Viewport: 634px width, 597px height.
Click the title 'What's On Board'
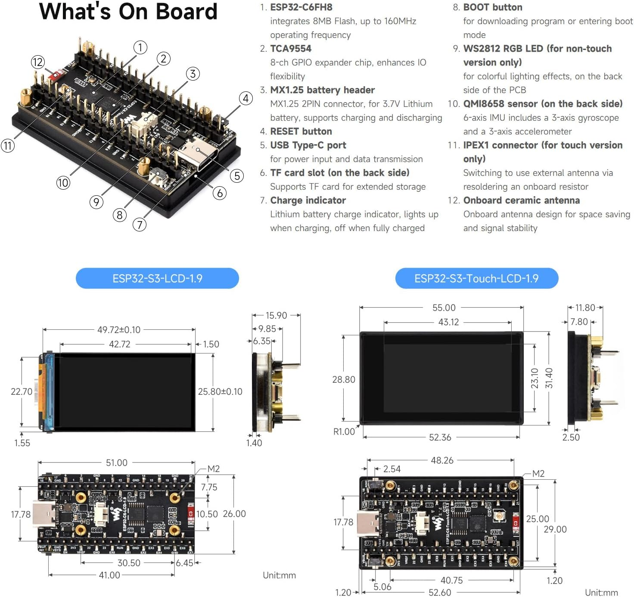(x=128, y=12)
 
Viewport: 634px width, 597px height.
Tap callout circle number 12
(x=38, y=62)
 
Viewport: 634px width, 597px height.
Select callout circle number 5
(x=237, y=176)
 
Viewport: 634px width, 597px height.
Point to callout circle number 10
(x=63, y=183)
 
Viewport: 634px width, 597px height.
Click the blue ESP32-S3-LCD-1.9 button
(x=157, y=278)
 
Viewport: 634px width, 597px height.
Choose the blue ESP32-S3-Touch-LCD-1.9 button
(x=476, y=278)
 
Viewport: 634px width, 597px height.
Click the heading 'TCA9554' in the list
(x=290, y=49)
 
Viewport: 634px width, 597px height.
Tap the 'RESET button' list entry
(x=301, y=131)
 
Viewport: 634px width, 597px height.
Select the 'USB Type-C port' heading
(x=308, y=145)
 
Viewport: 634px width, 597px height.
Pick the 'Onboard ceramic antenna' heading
(x=521, y=200)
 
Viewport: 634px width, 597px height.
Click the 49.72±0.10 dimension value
(x=119, y=330)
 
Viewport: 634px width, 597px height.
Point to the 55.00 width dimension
(x=444, y=308)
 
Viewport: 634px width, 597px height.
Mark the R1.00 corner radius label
(x=344, y=431)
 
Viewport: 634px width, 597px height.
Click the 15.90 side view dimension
(x=276, y=316)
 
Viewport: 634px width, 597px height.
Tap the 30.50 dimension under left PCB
(x=129, y=563)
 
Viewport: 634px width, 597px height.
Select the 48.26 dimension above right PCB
(x=442, y=460)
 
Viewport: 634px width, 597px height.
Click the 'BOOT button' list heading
(x=492, y=7)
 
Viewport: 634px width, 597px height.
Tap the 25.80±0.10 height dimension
(x=220, y=391)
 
